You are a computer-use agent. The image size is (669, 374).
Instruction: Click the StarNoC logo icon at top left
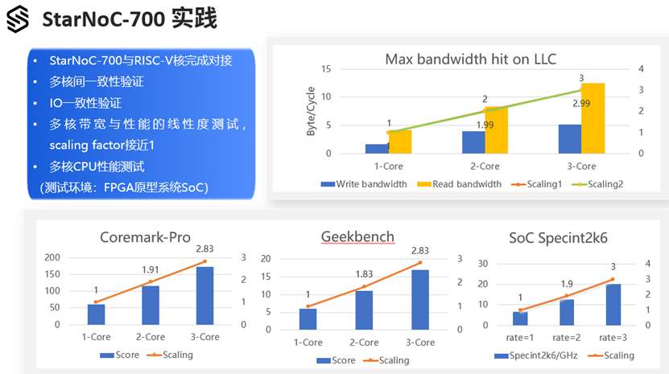(18, 19)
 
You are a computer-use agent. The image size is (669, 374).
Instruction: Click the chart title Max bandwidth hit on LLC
(471, 59)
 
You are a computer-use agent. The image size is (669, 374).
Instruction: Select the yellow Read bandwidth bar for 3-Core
(593, 118)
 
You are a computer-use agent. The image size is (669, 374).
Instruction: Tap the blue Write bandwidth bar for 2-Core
(473, 142)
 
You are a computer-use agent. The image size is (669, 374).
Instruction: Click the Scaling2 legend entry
(597, 184)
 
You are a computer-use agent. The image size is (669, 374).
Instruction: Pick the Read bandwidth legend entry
(459, 184)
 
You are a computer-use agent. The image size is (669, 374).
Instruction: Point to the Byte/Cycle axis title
(311, 111)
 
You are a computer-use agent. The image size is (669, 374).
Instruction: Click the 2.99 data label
(581, 104)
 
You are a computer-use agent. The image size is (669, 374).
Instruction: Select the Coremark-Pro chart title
(145, 237)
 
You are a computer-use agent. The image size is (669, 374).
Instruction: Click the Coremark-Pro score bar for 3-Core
(204, 296)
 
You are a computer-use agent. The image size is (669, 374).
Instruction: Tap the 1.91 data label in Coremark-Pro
(151, 270)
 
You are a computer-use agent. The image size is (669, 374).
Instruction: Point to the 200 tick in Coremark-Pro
(52, 257)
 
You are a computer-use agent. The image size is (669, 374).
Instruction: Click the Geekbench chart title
(357, 236)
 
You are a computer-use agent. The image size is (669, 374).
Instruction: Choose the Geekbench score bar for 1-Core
(308, 319)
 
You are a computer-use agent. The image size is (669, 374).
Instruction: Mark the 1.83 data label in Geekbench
(364, 274)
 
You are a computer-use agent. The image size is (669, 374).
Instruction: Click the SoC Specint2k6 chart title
(558, 238)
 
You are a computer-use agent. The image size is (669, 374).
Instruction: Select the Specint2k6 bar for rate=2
(567, 313)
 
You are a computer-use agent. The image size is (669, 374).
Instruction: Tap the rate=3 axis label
(613, 338)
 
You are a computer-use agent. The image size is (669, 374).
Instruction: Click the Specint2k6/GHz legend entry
(536, 356)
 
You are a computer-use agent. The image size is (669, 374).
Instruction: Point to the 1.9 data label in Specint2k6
(567, 284)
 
